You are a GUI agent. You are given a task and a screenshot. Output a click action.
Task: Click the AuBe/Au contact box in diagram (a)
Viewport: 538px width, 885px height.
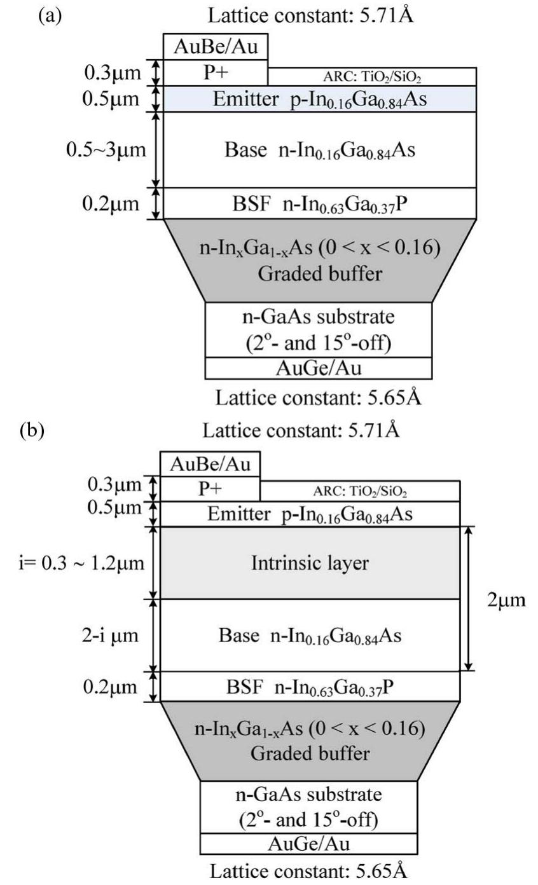coord(215,47)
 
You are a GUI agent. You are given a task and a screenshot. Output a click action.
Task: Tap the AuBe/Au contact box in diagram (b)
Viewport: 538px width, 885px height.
coord(210,464)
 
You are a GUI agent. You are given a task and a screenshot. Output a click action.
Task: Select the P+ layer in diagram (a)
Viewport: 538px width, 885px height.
coord(215,72)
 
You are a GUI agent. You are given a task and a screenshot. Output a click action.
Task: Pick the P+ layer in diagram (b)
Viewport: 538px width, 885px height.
coord(210,490)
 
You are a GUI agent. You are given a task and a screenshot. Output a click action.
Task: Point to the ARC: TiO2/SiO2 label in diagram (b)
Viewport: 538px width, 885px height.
coord(359,492)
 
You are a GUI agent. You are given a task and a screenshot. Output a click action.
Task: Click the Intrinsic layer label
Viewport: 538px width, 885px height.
coord(310,563)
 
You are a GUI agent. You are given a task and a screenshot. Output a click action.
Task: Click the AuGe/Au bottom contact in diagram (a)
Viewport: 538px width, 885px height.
coord(318,367)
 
